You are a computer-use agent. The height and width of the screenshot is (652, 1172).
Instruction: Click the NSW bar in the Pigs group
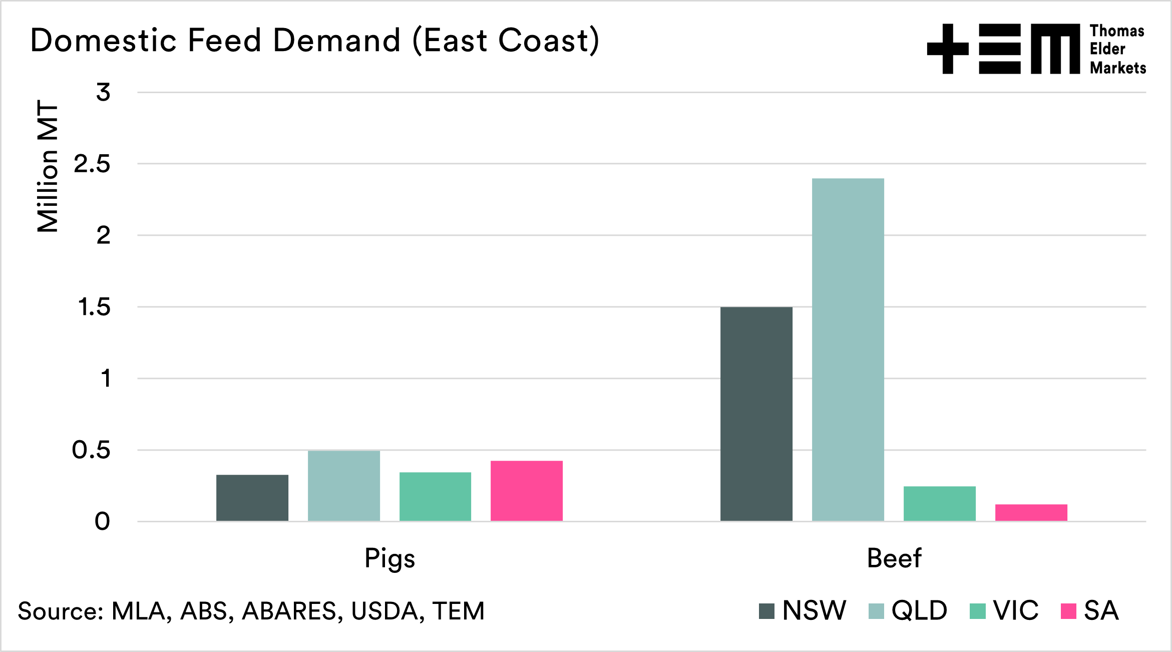[252, 498]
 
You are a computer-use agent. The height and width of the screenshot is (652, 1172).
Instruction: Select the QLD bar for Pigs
[344, 486]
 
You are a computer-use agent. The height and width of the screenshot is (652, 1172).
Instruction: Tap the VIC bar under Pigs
[435, 496]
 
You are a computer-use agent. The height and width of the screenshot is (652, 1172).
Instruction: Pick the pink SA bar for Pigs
[527, 491]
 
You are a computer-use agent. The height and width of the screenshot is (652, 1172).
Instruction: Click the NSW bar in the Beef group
[756, 414]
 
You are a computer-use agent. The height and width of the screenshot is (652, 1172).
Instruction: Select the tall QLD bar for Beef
[848, 350]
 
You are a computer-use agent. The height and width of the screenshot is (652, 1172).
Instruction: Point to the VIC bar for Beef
[940, 503]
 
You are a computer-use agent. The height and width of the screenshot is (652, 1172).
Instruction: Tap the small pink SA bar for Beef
[1031, 512]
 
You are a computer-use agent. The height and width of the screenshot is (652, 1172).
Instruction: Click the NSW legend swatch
[766, 611]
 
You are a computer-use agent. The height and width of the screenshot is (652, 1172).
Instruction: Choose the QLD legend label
[919, 610]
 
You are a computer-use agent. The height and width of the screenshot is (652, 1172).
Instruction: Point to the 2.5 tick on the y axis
[92, 164]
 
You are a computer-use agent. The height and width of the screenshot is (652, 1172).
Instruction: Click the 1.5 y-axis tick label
[94, 307]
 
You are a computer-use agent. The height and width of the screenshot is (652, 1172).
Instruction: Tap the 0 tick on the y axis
[102, 522]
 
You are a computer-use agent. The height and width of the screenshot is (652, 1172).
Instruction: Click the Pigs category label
[389, 558]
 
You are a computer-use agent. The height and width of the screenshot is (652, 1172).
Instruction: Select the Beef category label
[894, 558]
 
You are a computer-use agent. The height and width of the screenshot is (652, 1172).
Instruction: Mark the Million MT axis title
[48, 166]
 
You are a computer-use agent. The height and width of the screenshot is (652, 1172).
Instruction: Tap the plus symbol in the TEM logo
[948, 49]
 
